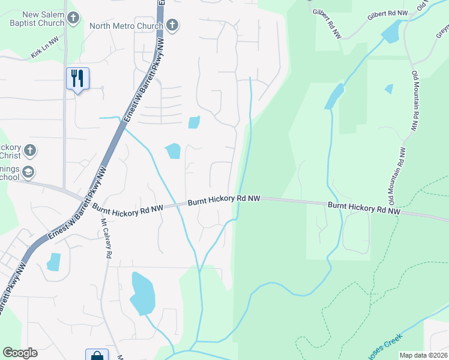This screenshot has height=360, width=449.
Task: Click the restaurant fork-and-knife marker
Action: point(77,79)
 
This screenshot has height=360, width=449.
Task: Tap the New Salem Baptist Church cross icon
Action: point(73,18)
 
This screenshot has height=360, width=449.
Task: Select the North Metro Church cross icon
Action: point(172,25)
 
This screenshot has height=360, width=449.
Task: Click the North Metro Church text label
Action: point(126,26)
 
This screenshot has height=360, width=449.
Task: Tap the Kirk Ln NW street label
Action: point(45,53)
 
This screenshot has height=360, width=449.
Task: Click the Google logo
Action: point(20,353)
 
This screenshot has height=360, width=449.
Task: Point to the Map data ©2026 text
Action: point(423,355)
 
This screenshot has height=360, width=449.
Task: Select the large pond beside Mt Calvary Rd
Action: point(142,293)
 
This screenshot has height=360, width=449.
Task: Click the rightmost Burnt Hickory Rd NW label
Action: point(364,208)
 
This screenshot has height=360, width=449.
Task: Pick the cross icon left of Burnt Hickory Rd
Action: point(30,150)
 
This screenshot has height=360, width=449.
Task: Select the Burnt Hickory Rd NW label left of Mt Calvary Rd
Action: point(127,208)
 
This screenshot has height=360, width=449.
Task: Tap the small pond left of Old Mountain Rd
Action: point(389,89)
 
